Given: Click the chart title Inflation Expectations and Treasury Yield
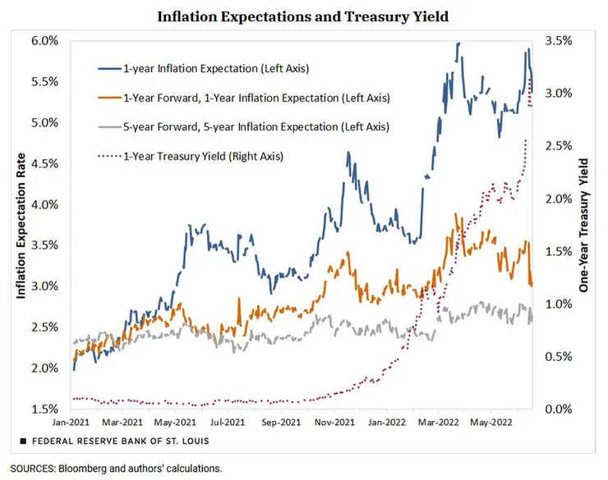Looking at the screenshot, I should click(303, 16).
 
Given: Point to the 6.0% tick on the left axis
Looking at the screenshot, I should click(44, 40).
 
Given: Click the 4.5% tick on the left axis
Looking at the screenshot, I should click(44, 163).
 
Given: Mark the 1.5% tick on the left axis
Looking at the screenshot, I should click(44, 409).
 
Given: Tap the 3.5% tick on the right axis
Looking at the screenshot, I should click(562, 40).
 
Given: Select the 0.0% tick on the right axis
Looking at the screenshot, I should click(562, 409).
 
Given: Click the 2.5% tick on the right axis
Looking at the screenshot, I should click(562, 145).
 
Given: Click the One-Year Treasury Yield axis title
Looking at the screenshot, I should click(586, 223).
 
